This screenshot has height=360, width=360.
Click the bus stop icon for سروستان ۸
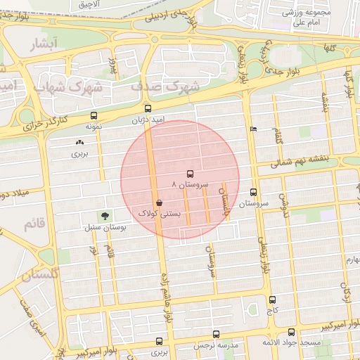(x=189, y=174)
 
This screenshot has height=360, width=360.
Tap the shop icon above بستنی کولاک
(x=160, y=202)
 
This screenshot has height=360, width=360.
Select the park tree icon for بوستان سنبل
(x=105, y=217)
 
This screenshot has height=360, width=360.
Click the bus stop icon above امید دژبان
(x=148, y=109)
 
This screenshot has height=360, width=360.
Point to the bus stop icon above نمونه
(x=94, y=116)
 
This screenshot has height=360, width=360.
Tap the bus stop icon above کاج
(x=272, y=300)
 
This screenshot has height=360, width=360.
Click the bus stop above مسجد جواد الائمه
(x=291, y=333)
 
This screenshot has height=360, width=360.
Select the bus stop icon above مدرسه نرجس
(x=216, y=335)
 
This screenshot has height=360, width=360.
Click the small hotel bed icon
(x=253, y=129)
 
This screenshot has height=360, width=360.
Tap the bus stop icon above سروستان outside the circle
(x=254, y=192)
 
